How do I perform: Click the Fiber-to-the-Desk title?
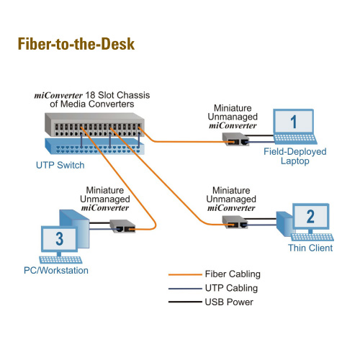pos(76,44)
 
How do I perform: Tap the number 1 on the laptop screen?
pos(294,122)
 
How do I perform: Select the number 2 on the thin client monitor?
pos(310,217)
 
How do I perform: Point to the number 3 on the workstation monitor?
pos(60,238)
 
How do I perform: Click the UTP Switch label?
pos(60,165)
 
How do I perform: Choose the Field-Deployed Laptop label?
pos(295,156)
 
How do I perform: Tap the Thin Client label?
pos(310,248)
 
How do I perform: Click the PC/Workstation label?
pos(56,270)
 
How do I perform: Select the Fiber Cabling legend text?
pos(233,274)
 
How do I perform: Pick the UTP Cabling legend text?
pos(231,288)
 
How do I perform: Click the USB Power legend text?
pos(229,302)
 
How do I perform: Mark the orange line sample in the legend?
pos(185,274)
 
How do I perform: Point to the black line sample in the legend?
pos(185,302)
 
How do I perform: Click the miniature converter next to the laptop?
pos(235,139)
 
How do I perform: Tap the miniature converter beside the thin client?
pos(235,222)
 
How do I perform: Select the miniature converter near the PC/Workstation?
pos(122,226)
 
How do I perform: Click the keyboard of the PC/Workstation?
pos(60,260)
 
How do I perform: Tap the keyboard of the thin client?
pos(312,237)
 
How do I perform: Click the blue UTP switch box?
pos(95,146)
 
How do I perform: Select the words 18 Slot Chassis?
pos(117,95)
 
